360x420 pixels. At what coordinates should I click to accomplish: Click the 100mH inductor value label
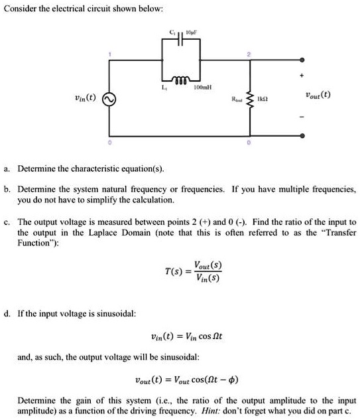[x=202, y=88]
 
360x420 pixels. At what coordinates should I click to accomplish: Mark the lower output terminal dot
[x=303, y=135]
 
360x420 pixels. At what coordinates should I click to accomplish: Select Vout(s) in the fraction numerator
[x=208, y=265]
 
